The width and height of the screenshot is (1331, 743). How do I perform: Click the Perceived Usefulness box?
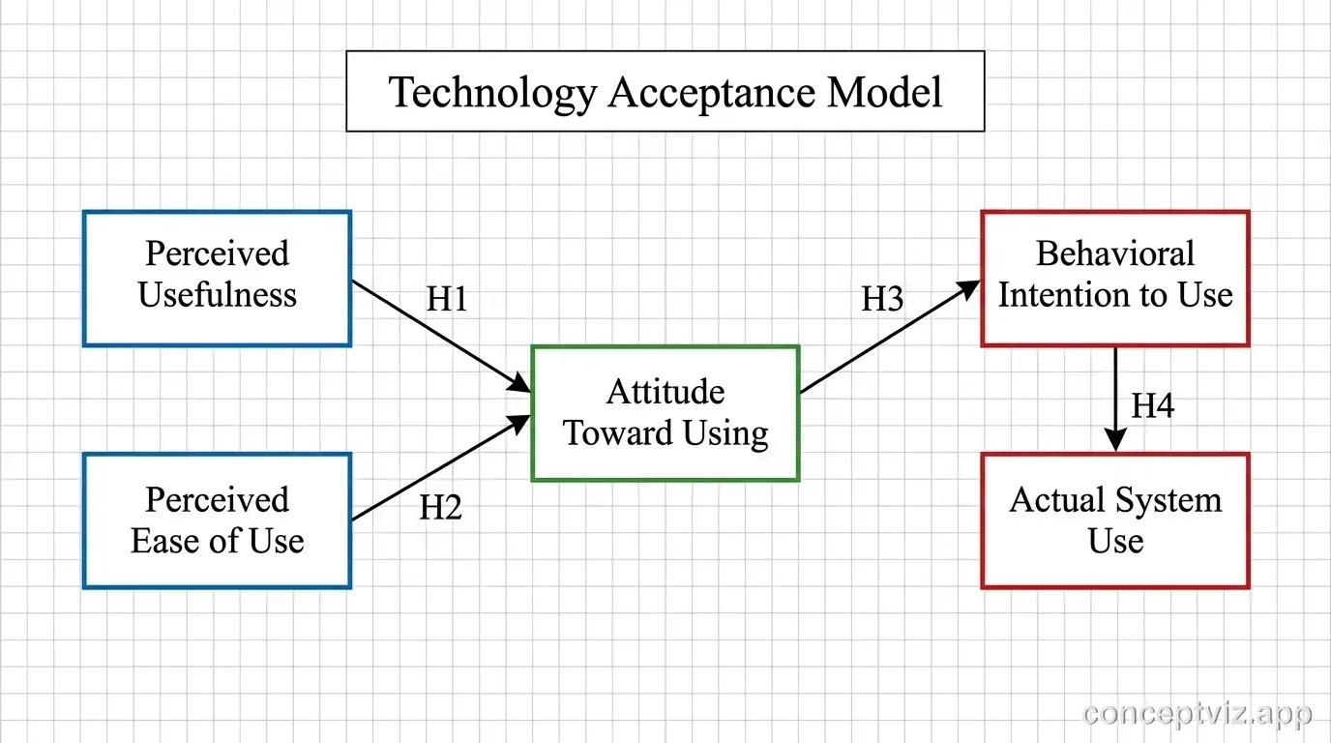(x=217, y=279)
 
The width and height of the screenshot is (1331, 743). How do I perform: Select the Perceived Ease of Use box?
(x=217, y=520)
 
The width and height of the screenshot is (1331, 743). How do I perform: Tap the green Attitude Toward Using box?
(x=665, y=413)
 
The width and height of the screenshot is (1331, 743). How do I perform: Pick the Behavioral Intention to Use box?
(x=1115, y=279)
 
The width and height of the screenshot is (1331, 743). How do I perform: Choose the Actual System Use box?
(x=1115, y=520)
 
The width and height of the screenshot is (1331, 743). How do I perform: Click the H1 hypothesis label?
(x=447, y=300)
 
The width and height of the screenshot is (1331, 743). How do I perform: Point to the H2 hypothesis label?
(x=440, y=507)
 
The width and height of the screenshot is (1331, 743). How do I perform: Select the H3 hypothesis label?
(x=882, y=300)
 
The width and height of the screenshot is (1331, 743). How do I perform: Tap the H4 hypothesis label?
(x=1153, y=406)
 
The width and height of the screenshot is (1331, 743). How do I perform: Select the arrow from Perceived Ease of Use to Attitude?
(x=440, y=468)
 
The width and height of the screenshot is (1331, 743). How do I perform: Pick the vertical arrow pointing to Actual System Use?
(x=1115, y=399)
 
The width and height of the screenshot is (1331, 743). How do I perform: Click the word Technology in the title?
(x=492, y=93)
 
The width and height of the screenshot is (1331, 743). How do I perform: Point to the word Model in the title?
(x=884, y=93)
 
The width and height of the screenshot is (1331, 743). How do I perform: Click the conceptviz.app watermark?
(x=1198, y=714)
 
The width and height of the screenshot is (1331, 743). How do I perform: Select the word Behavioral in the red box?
(x=1115, y=253)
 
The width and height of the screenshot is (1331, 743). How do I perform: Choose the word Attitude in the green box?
(x=665, y=392)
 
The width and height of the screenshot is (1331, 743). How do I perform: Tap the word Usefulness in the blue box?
(x=217, y=295)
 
